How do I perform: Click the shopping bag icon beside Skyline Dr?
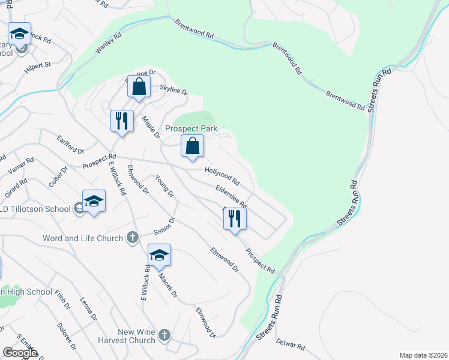tap(139, 86)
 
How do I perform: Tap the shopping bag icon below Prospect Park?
tap(193, 146)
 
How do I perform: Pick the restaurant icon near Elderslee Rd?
tap(235, 218)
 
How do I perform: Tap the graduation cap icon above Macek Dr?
tap(159, 255)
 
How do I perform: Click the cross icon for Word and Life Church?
tap(133, 238)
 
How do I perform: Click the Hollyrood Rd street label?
tap(222, 176)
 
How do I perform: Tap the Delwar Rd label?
tap(291, 346)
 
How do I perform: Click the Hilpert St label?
tap(37, 67)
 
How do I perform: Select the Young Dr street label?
tap(164, 186)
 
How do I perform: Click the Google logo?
tap(20, 353)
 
